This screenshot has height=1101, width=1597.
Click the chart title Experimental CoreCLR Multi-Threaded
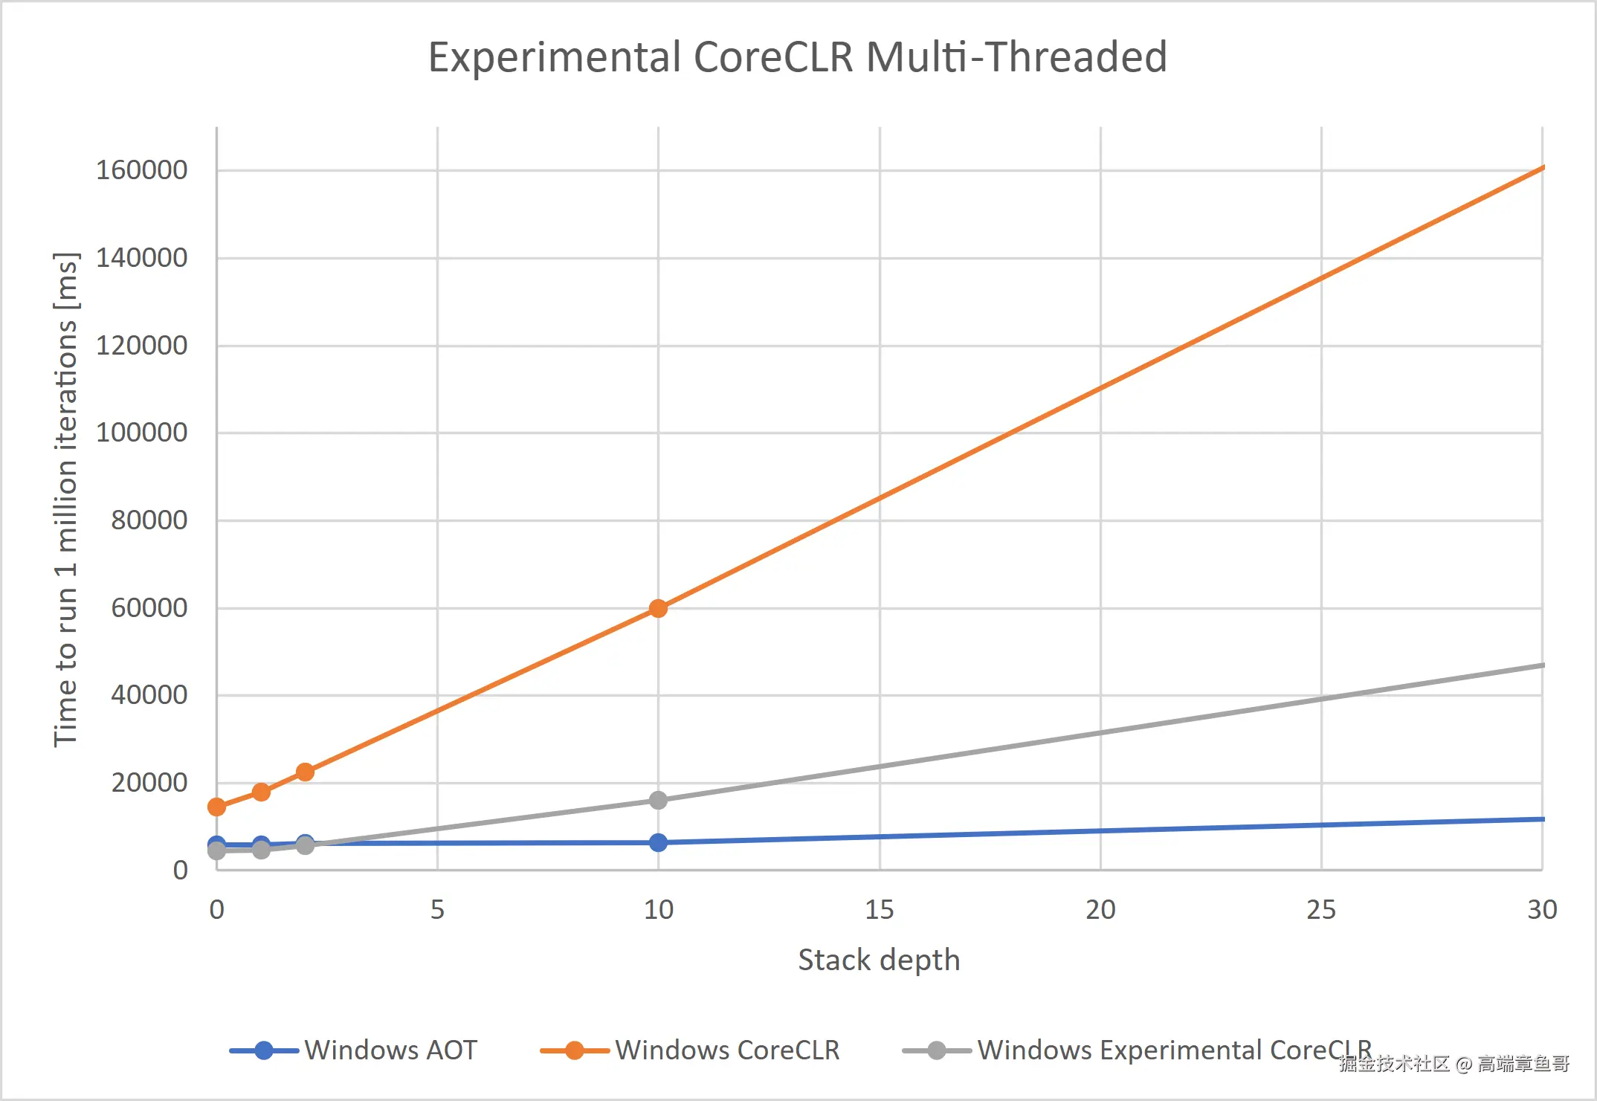798,57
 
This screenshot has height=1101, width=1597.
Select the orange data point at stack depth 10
658,609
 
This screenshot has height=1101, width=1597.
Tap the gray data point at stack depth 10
658,801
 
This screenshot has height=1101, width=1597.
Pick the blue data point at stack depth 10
658,843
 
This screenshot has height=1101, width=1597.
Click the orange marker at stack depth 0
216,807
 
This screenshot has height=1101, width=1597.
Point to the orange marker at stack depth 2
305,772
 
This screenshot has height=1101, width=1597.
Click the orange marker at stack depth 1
261,792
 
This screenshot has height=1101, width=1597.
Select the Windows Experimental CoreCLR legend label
1174,1050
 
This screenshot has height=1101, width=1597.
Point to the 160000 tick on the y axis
142,170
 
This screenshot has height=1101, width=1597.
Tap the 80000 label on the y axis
149,520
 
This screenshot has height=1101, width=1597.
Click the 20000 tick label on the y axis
149,783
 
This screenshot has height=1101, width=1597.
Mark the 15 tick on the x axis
879,910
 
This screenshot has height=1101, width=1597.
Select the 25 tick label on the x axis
1321,910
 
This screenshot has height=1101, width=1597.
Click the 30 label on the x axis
1542,910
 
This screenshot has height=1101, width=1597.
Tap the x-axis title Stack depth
879,960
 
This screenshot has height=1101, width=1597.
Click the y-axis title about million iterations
65,498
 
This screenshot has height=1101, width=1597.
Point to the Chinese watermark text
1454,1064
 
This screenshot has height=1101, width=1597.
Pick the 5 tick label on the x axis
437,910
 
